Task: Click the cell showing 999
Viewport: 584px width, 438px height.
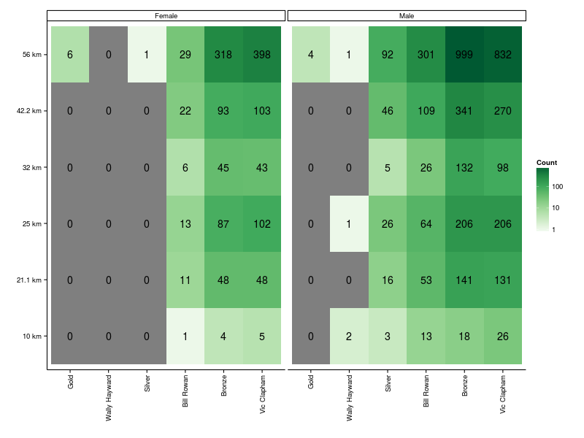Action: pos(465,55)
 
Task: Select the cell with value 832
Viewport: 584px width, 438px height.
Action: pos(503,55)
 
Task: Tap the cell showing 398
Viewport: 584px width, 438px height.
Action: pos(262,55)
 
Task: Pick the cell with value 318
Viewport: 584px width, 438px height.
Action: pos(223,55)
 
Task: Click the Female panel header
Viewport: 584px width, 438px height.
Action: pos(166,15)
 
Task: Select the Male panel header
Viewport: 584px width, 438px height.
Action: pos(407,15)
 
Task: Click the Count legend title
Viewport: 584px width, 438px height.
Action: pos(547,162)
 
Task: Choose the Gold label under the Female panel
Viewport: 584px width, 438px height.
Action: pos(70,381)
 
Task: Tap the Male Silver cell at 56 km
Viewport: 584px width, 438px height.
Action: pos(388,55)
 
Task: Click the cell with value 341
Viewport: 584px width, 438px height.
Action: pos(465,111)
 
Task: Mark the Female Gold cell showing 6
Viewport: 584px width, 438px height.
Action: pos(70,55)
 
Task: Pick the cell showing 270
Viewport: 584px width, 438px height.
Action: pos(503,111)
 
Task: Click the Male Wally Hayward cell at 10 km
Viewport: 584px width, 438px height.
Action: pos(349,337)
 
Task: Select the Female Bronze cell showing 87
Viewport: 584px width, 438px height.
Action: pos(223,223)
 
